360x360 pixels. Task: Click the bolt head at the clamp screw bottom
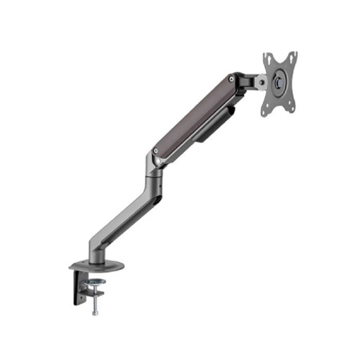tap(95, 312)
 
